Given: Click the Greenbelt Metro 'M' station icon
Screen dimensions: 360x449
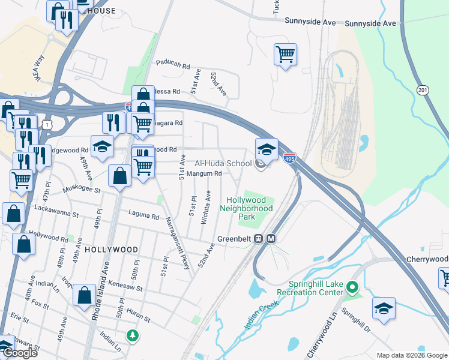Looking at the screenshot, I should click(271, 238).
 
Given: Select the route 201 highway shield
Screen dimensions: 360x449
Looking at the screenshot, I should click(423, 90).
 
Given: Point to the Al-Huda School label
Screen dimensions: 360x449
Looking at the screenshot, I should click(223, 163).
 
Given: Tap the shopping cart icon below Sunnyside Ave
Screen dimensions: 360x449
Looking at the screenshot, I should click(286, 54).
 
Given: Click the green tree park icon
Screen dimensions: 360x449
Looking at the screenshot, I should click(131, 334).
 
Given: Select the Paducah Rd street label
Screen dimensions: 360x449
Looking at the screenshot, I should click(173, 62).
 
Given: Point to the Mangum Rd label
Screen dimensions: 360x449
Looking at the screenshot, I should click(205, 173).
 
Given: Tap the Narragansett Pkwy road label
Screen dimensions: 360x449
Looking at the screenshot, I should click(177, 243).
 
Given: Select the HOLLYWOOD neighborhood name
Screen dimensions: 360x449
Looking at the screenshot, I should click(111, 249).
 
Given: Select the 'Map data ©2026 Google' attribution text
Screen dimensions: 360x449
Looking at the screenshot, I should click(412, 355).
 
